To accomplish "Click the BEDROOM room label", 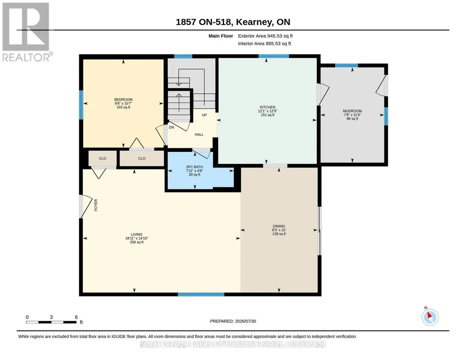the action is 123,100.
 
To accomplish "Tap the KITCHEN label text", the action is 267,107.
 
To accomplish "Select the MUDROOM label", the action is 352,111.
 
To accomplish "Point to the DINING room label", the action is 279,226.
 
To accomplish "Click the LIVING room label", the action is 137,235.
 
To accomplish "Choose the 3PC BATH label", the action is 195,167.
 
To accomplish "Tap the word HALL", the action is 199,135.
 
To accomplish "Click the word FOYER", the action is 95,205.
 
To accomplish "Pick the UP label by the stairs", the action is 204,115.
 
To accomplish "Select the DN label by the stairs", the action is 171,127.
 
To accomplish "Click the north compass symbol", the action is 430,317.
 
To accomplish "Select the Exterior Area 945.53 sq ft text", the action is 266,36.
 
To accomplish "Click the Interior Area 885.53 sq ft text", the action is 265,44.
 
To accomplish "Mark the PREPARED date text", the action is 233,321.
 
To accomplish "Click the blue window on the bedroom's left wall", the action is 81,105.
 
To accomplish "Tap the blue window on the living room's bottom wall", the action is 201,295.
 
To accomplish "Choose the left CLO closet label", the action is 103,158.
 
